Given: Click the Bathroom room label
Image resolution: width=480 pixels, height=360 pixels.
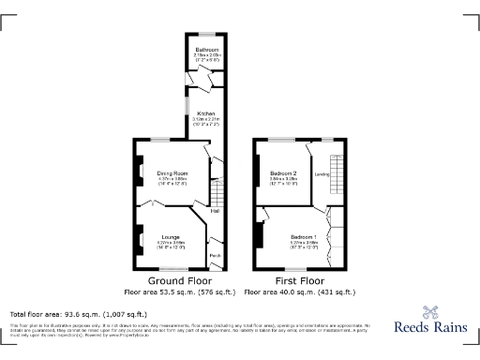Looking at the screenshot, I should point(206,50).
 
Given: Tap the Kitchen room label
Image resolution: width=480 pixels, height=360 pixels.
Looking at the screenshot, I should point(206,114).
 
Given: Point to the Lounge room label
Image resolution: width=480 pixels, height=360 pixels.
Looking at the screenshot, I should point(172,236).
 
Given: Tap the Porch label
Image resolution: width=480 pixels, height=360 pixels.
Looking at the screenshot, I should point(215,257).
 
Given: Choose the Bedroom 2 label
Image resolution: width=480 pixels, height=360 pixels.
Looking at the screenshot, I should point(284,173).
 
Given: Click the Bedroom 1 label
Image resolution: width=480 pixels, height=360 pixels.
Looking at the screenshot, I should point(303,235).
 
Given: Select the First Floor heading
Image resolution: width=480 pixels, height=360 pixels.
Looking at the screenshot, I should point(299,280).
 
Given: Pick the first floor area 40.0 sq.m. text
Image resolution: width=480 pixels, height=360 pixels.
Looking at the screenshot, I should point(300,292).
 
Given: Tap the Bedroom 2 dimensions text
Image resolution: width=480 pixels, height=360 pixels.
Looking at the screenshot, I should point(284,181).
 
